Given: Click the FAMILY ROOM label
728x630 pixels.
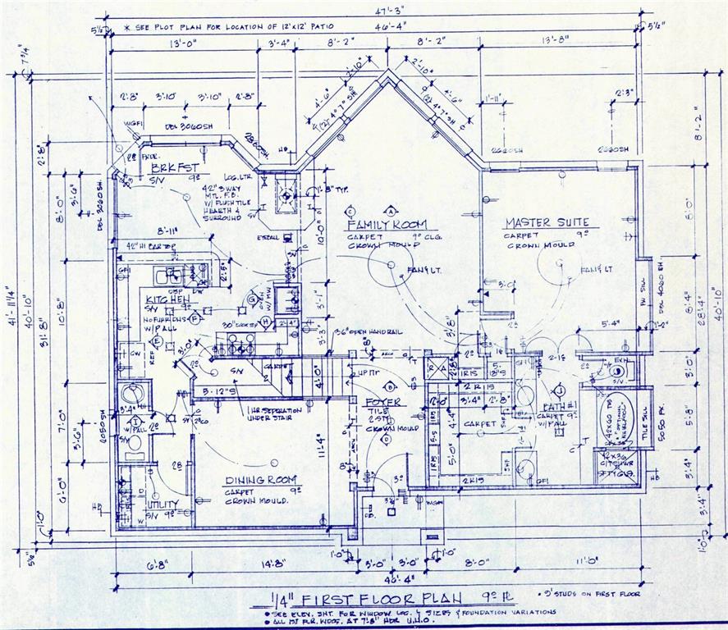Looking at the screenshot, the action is [x=391, y=224].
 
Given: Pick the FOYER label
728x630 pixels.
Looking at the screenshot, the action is [x=383, y=401].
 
